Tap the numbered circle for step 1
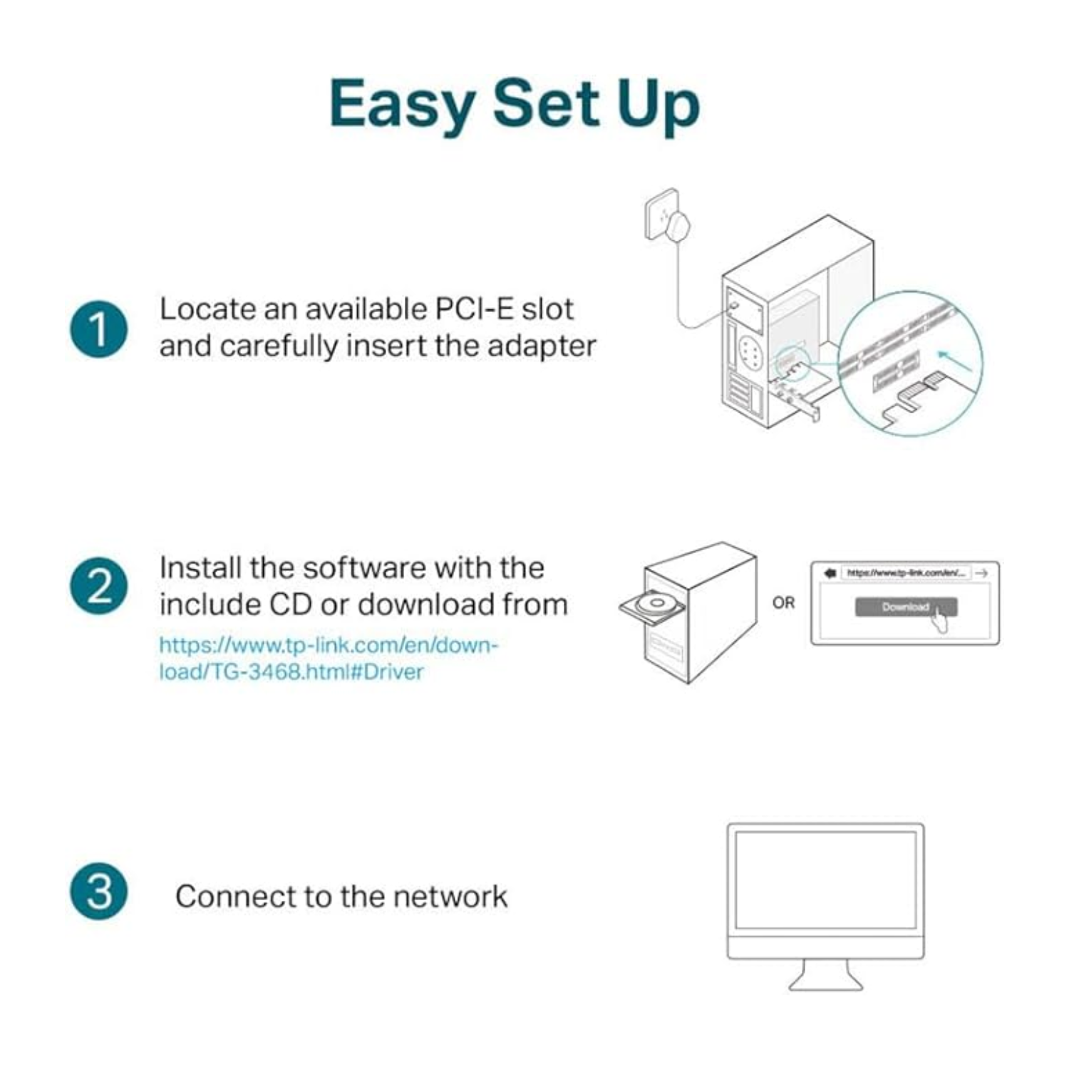pyautogui.click(x=99, y=329)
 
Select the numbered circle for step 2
pyautogui.click(x=99, y=586)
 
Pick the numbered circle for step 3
pyautogui.click(x=99, y=892)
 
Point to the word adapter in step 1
pyautogui.click(x=542, y=346)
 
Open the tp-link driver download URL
pyautogui.click(x=328, y=658)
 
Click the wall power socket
pyautogui.click(x=662, y=213)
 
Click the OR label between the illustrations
pyautogui.click(x=783, y=603)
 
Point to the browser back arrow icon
pyautogui.click(x=830, y=573)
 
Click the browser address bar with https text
pyautogui.click(x=905, y=573)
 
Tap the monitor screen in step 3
pyautogui.click(x=825, y=879)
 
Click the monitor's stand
pyautogui.click(x=825, y=975)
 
